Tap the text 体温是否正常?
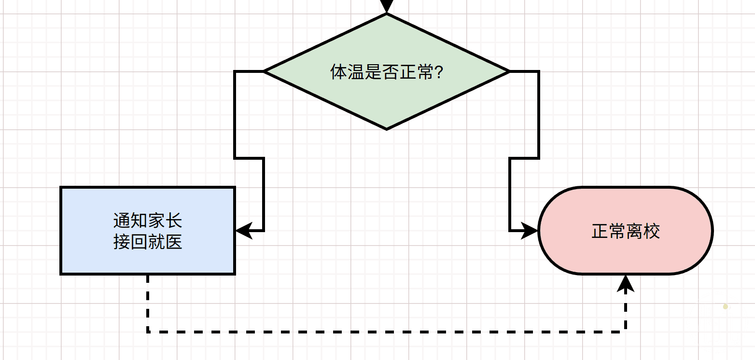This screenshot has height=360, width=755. [x=386, y=72]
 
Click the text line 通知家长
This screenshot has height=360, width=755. [x=148, y=221]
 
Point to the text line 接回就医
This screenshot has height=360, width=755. [x=148, y=241]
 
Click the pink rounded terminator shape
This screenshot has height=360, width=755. [x=626, y=256]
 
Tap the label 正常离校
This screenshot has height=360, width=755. [x=626, y=231]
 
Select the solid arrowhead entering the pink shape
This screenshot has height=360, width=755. [x=530, y=231]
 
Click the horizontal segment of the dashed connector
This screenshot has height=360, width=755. [x=386, y=332]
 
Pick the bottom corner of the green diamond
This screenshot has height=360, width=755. [x=387, y=128]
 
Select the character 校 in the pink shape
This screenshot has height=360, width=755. [x=651, y=231]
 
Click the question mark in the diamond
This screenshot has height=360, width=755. [x=439, y=72]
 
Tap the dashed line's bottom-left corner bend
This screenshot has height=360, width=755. [x=148, y=332]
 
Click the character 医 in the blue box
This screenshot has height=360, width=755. [x=173, y=241]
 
